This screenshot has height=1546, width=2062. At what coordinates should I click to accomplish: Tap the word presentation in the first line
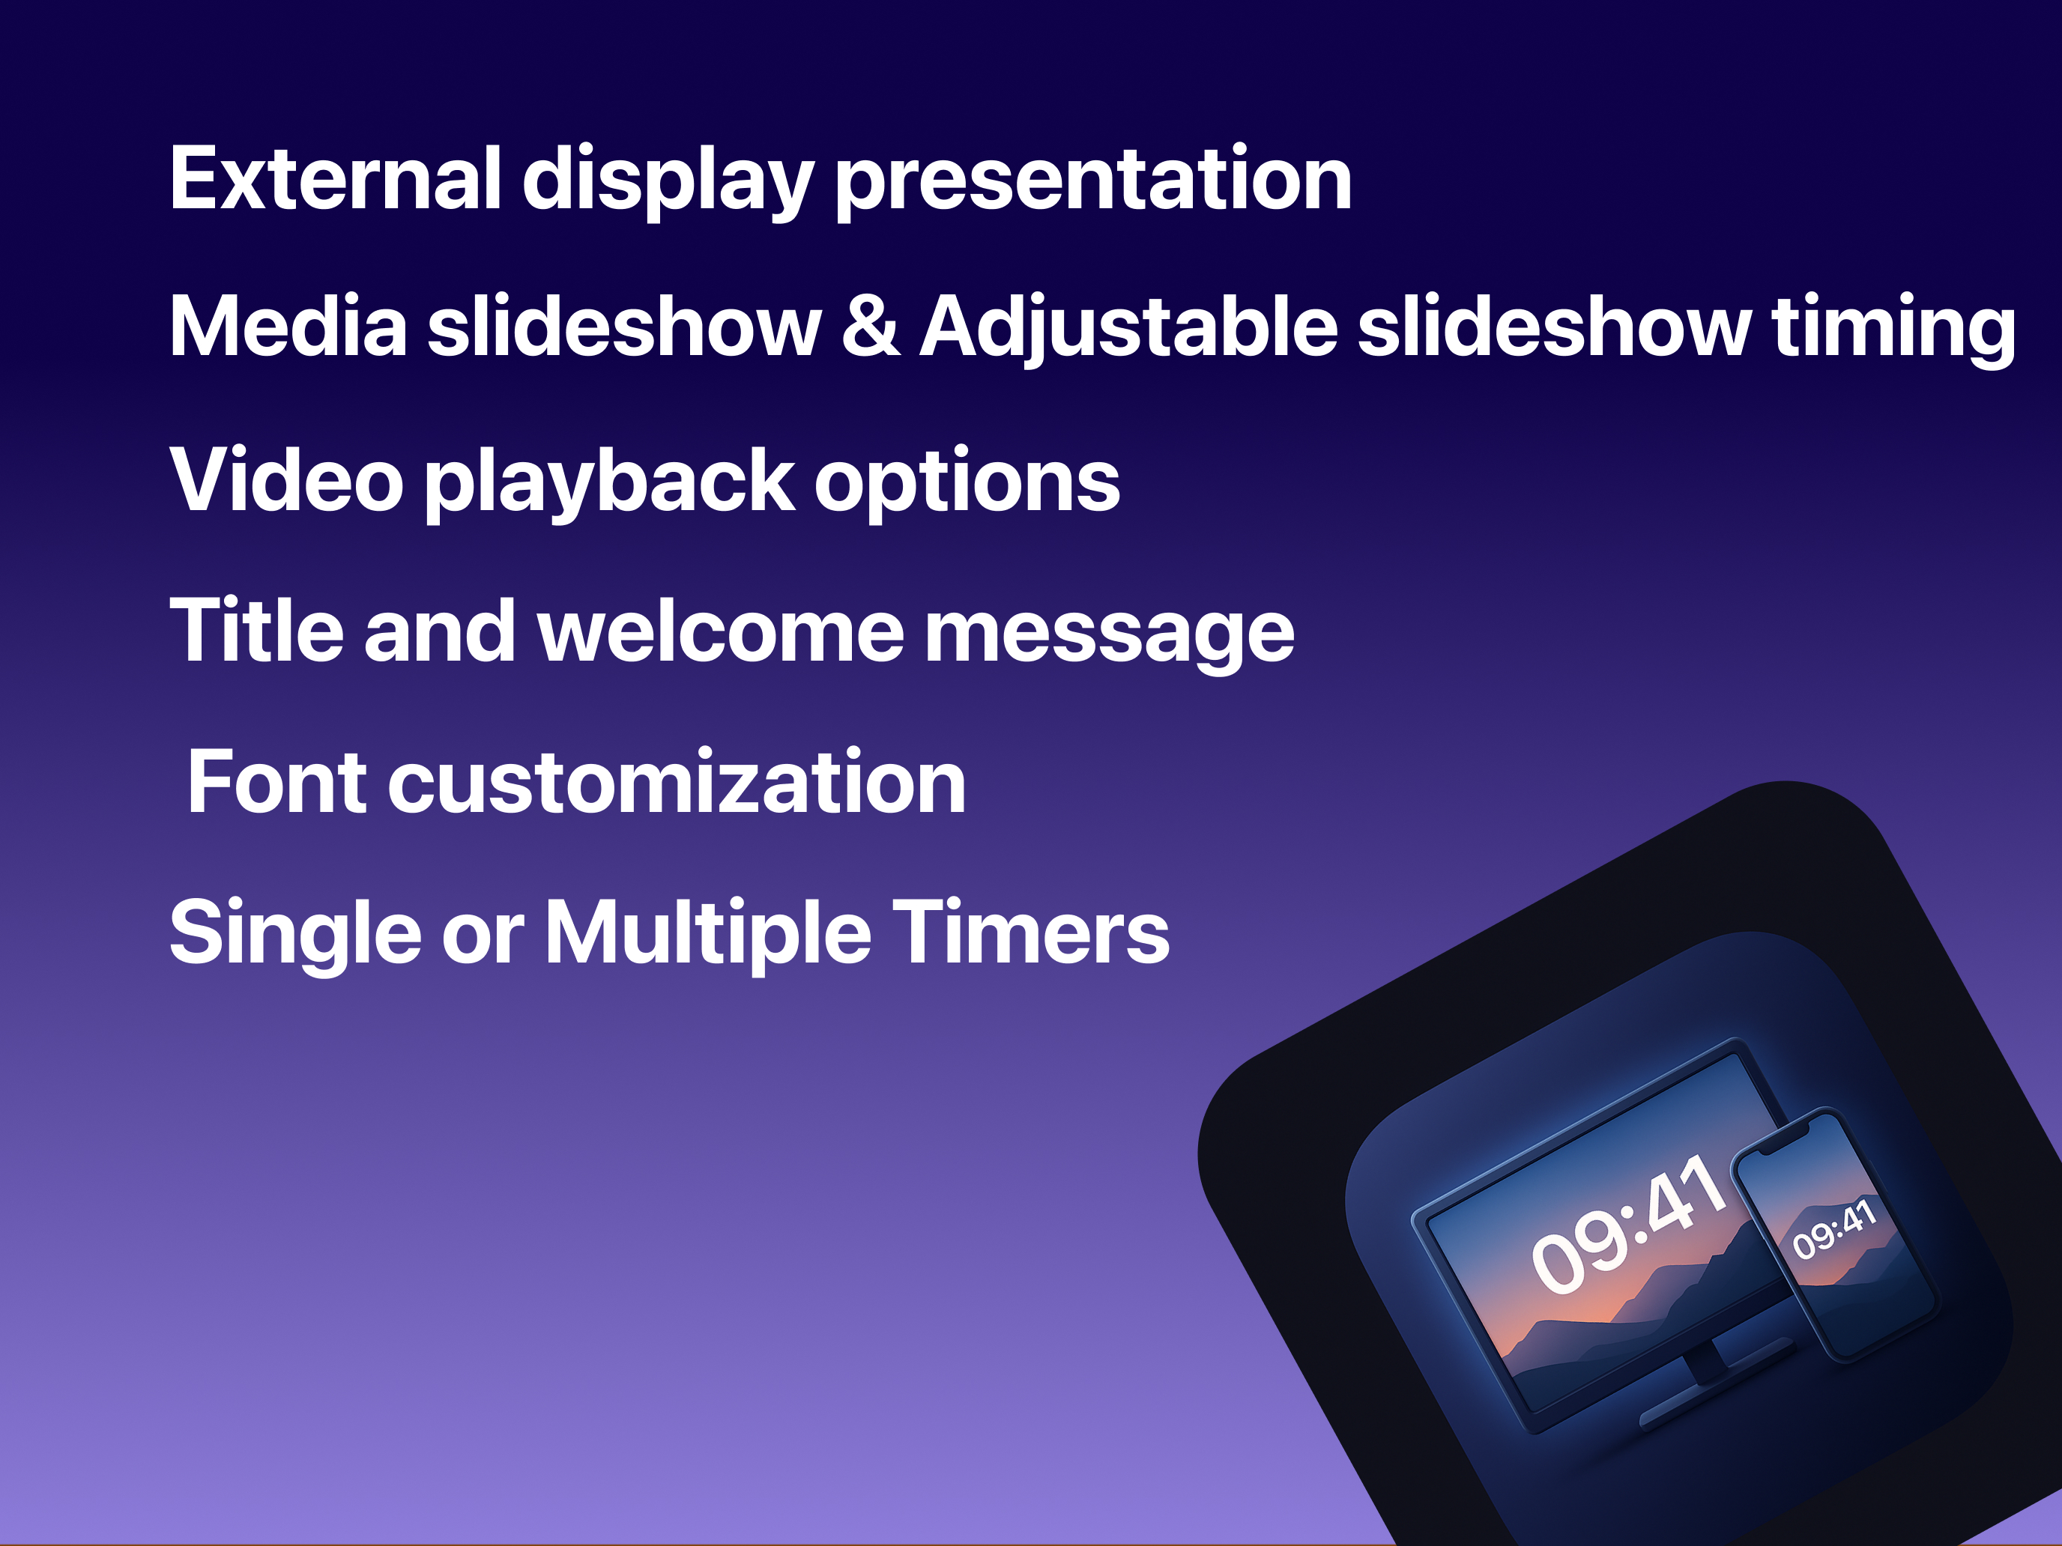coord(1093,183)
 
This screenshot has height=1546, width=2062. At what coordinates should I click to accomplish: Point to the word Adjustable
coord(1129,330)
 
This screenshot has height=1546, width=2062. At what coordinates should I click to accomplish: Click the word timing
coord(1893,330)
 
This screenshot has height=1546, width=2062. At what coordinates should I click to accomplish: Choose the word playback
coord(611,485)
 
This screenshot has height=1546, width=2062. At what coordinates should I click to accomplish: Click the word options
coord(967,485)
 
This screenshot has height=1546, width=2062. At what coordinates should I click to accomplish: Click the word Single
coord(295,935)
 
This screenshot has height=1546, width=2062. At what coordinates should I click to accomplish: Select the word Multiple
coord(707,935)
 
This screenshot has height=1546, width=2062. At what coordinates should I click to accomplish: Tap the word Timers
coord(1030,932)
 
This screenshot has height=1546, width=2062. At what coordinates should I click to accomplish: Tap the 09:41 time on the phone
coord(1833,1228)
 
